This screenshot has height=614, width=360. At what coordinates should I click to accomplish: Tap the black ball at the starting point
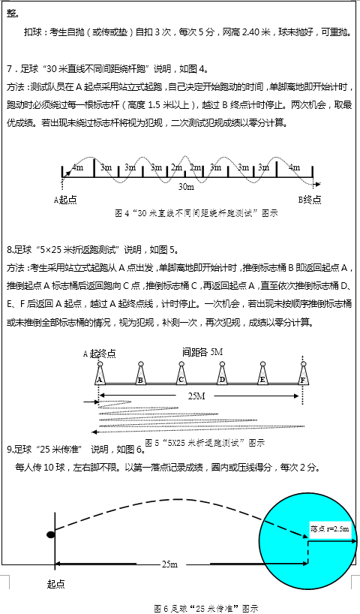[x=51, y=534]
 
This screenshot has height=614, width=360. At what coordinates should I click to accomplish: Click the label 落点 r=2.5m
[x=329, y=529]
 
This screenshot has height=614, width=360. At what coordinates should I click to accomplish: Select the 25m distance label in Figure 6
[x=169, y=564]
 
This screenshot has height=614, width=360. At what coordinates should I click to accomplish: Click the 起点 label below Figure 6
[x=56, y=583]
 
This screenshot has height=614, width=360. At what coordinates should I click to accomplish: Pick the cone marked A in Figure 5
[x=99, y=375]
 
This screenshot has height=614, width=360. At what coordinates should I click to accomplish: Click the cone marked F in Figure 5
[x=302, y=375]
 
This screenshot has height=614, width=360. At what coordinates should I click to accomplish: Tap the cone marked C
[x=181, y=375]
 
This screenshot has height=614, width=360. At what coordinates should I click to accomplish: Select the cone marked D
[x=222, y=375]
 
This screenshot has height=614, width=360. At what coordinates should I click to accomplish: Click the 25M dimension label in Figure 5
[x=196, y=396]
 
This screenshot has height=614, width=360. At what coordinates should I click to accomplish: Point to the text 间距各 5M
[x=202, y=351]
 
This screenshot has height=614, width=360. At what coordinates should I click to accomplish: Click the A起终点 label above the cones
[x=104, y=353]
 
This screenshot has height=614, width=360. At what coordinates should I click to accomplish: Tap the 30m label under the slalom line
[x=185, y=185]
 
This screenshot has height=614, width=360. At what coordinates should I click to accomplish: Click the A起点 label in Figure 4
[x=66, y=200]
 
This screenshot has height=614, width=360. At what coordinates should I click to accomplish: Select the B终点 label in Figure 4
[x=310, y=200]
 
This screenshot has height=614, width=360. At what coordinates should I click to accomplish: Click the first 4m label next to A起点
[x=77, y=167]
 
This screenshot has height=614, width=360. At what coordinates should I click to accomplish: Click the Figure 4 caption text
[x=196, y=213]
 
